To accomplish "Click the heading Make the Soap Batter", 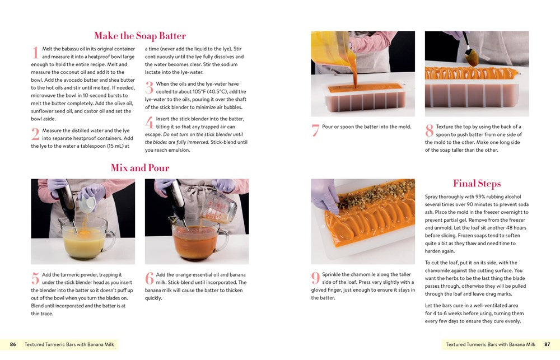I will tap(139, 36).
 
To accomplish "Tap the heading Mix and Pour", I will tap(139, 167).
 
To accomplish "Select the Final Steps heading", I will tap(477, 184).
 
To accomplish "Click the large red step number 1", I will tap(35, 53).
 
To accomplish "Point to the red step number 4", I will tap(149, 123).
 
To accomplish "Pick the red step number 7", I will tap(315, 130).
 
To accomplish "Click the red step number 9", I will tap(315, 278).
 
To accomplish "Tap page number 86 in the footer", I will tap(13, 344).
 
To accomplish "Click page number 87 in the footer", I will tap(547, 344).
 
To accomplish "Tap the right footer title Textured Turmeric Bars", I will tap(490, 344).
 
